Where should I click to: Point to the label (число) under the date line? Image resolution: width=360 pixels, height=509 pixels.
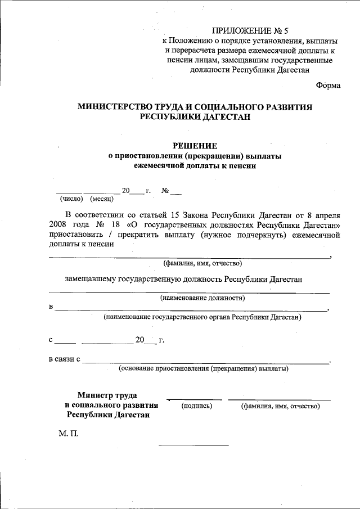(71, 199)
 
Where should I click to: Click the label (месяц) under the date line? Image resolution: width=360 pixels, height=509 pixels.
(102, 199)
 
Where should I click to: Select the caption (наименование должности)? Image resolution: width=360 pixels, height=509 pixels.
(202, 298)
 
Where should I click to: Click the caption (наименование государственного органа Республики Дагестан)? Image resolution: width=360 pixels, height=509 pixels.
(202, 317)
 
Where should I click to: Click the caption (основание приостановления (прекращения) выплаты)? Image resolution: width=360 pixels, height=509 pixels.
(204, 369)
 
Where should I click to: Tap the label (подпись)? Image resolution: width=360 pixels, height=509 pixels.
(196, 406)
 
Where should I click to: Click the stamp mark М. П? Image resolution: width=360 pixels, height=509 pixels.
(68, 434)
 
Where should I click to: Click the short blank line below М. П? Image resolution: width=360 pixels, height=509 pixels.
(194, 445)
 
